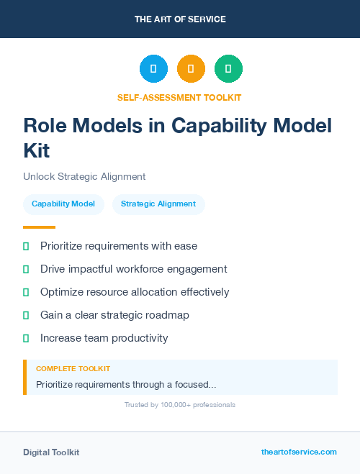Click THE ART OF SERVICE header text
pyautogui.click(x=180, y=19)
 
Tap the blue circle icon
pyautogui.click(x=153, y=69)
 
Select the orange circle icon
pyautogui.click(x=191, y=69)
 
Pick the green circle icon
pyautogui.click(x=228, y=69)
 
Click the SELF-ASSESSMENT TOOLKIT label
pyautogui.click(x=180, y=97)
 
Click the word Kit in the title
pyautogui.click(x=37, y=150)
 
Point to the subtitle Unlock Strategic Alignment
pyautogui.click(x=84, y=176)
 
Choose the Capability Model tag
pyautogui.click(x=63, y=204)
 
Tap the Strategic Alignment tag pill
pyautogui.click(x=158, y=204)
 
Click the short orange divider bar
pyautogui.click(x=39, y=227)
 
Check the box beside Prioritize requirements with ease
pyautogui.click(x=26, y=246)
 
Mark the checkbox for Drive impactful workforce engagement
pyautogui.click(x=26, y=269)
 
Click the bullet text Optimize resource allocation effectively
pyautogui.click(x=135, y=292)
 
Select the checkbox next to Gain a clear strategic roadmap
pyautogui.click(x=26, y=315)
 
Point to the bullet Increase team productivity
pyautogui.click(x=104, y=338)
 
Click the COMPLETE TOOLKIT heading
pyautogui.click(x=73, y=368)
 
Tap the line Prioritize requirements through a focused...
pyautogui.click(x=126, y=385)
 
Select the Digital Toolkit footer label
pyautogui.click(x=51, y=452)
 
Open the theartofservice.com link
pyautogui.click(x=299, y=452)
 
